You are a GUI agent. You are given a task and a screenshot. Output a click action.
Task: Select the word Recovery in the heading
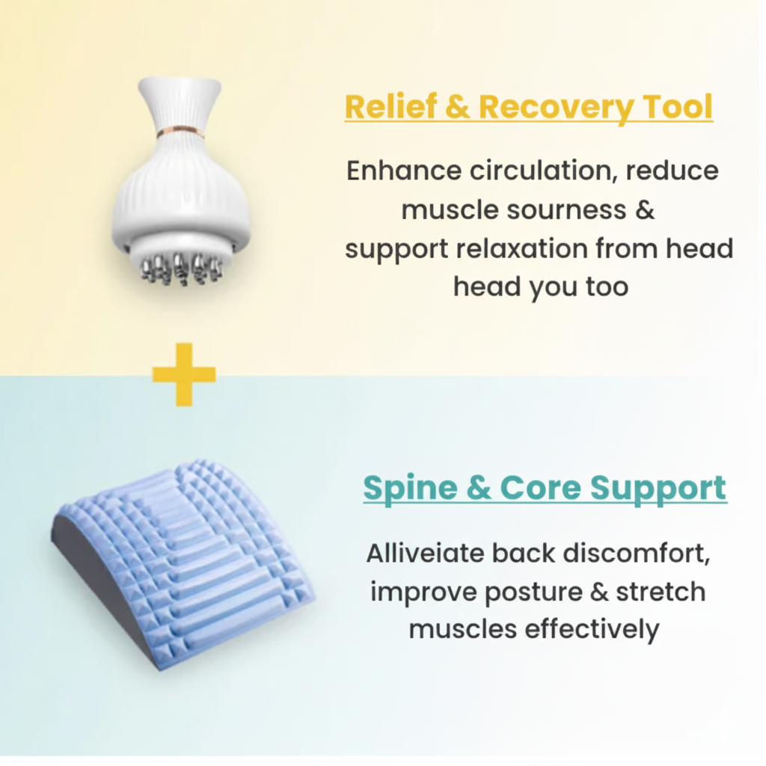click(x=554, y=107)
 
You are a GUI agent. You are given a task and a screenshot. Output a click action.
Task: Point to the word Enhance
click(x=404, y=171)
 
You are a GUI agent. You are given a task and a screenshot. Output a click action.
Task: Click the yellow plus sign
click(x=184, y=374)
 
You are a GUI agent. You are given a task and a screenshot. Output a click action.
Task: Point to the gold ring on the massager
click(x=180, y=133)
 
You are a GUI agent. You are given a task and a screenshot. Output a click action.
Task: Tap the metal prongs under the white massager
click(x=181, y=269)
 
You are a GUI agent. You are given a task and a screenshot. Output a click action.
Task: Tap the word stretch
click(x=661, y=592)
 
